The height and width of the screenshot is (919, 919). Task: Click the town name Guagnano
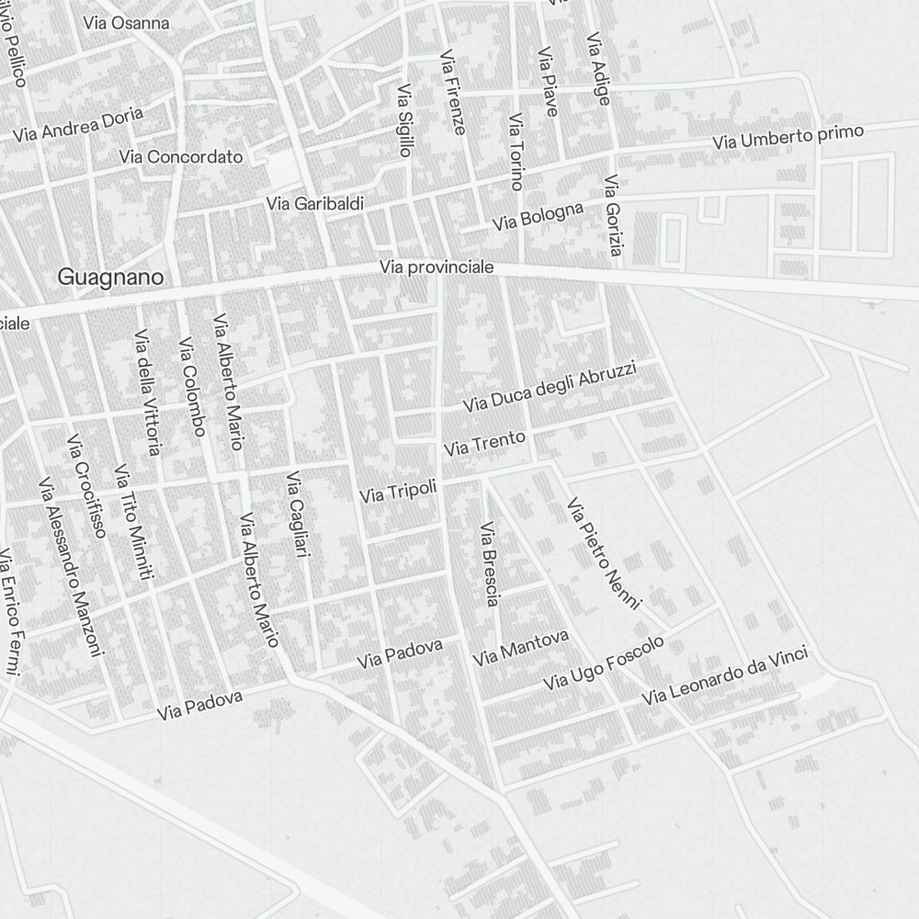tap(110, 277)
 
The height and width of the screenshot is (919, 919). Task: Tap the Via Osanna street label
tap(126, 23)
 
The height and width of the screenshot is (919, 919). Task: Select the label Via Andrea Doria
tap(78, 124)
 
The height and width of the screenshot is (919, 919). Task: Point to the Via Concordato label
tap(181, 157)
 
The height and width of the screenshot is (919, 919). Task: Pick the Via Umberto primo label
tap(789, 137)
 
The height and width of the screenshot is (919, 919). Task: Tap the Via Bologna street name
tap(538, 217)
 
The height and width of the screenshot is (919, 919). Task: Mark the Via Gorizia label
tap(614, 218)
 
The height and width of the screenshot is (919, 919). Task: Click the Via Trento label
tap(484, 444)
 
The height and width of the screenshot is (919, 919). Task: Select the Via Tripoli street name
tap(398, 490)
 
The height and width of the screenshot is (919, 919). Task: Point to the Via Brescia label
tap(489, 564)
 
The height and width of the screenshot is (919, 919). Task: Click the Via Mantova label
tap(520, 648)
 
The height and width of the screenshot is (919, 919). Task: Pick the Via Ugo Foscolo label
tap(603, 664)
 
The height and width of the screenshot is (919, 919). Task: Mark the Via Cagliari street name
tap(296, 515)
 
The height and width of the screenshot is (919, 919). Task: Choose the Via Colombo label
tap(191, 387)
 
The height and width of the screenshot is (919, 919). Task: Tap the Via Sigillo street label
tap(404, 120)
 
